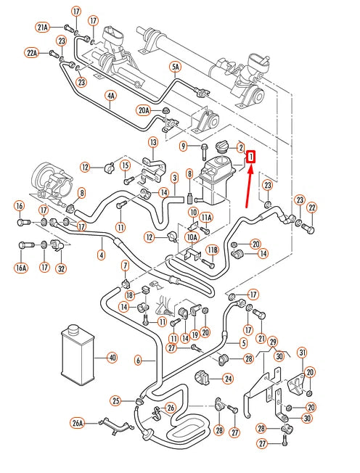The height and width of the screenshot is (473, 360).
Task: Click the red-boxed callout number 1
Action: click(250, 157)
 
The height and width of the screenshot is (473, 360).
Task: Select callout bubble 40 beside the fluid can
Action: click(112, 358)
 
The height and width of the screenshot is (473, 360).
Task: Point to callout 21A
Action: click(43, 28)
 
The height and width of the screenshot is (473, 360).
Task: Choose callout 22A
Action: click(32, 54)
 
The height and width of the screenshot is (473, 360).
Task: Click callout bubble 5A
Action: click(176, 67)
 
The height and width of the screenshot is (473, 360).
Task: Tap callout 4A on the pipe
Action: click(111, 96)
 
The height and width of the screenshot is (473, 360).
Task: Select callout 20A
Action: click(144, 111)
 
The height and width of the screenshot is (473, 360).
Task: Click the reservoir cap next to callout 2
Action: click(222, 147)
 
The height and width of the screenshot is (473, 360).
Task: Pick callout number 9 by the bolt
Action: click(184, 147)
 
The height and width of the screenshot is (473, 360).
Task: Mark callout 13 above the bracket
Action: click(153, 142)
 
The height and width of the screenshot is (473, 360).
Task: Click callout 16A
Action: click(21, 268)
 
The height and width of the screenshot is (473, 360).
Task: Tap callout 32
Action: click(61, 268)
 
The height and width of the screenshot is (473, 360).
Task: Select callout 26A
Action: click(78, 423)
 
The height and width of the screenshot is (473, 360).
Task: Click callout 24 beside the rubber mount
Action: click(228, 378)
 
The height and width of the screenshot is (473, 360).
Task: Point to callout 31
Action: click(303, 352)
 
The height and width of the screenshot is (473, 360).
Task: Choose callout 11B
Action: click(213, 250)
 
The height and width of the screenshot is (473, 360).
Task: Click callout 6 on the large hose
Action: click(138, 360)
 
